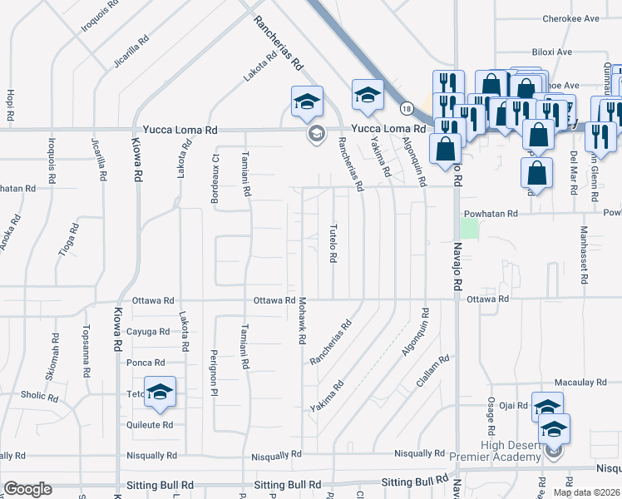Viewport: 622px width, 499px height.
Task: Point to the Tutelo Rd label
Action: click(x=333, y=243)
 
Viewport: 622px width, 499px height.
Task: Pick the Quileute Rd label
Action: click(x=151, y=424)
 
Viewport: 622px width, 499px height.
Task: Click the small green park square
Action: click(x=471, y=227)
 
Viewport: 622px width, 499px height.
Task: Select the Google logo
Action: click(x=27, y=489)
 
